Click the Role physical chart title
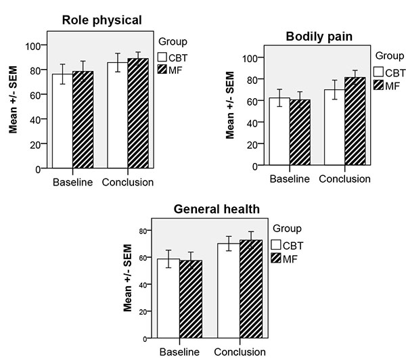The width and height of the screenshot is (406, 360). point(99,20)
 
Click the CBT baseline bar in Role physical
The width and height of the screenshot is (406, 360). point(62,121)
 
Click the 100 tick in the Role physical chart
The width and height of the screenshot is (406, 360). point(33,45)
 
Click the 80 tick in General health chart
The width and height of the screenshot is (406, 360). point(141,231)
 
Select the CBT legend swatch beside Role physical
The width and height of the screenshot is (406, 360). point(162,58)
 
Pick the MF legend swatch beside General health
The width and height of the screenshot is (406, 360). point(275,258)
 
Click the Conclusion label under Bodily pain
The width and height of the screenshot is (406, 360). point(344,179)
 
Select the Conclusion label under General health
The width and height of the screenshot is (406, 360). point(240,351)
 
